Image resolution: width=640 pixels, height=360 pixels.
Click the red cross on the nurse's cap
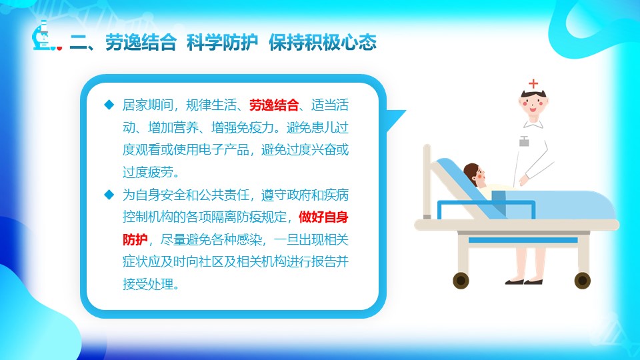pyautogui.click(x=533, y=84)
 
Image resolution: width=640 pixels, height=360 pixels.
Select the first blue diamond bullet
pyautogui.click(x=109, y=105)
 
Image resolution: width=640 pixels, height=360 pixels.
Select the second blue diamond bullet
pyautogui.click(x=109, y=195)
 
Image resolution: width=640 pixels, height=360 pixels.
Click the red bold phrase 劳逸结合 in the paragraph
pyautogui.click(x=274, y=105)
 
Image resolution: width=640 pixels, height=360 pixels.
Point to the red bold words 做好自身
pyautogui.click(x=323, y=217)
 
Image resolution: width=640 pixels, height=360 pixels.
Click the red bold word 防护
pyautogui.click(x=135, y=239)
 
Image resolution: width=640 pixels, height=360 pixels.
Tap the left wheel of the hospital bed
pyautogui.click(x=461, y=281)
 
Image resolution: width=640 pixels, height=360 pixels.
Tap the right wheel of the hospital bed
pyautogui.click(x=583, y=281)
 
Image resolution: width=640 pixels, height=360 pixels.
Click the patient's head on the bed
pyautogui.click(x=474, y=174)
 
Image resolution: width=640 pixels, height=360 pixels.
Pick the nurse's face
pyautogui.click(x=533, y=105)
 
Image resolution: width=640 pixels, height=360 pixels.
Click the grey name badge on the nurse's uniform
pyautogui.click(x=524, y=141)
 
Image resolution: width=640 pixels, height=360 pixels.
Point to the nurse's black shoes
pyautogui.click(x=524, y=281)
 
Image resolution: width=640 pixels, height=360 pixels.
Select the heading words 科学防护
pyautogui.click(x=222, y=43)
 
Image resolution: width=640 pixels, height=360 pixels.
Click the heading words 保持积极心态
pyautogui.click(x=323, y=43)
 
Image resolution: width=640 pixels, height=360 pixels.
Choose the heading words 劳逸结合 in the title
pyautogui.click(x=141, y=43)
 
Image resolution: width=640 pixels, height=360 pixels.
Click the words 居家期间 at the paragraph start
pyautogui.click(x=148, y=105)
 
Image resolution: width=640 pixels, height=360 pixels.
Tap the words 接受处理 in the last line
pyautogui.click(x=148, y=284)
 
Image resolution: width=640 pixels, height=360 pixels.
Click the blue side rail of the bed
pyautogui.click(x=486, y=209)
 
